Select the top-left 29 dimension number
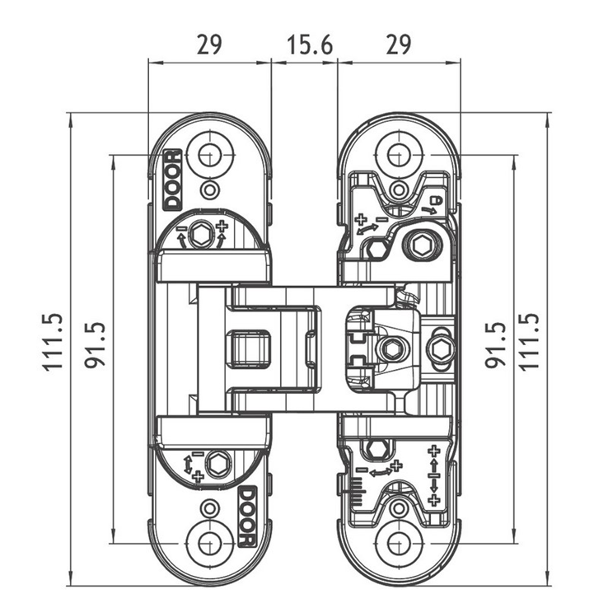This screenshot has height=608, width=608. click(209, 44)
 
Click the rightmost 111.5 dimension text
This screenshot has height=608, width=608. click(531, 342)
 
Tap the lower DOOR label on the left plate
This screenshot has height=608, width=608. click(245, 516)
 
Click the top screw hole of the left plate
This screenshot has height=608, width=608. click(209, 154)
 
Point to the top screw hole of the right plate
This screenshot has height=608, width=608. click(398, 154)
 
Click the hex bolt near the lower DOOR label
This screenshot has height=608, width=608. click(218, 463)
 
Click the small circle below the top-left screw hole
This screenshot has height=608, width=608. click(210, 190)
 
